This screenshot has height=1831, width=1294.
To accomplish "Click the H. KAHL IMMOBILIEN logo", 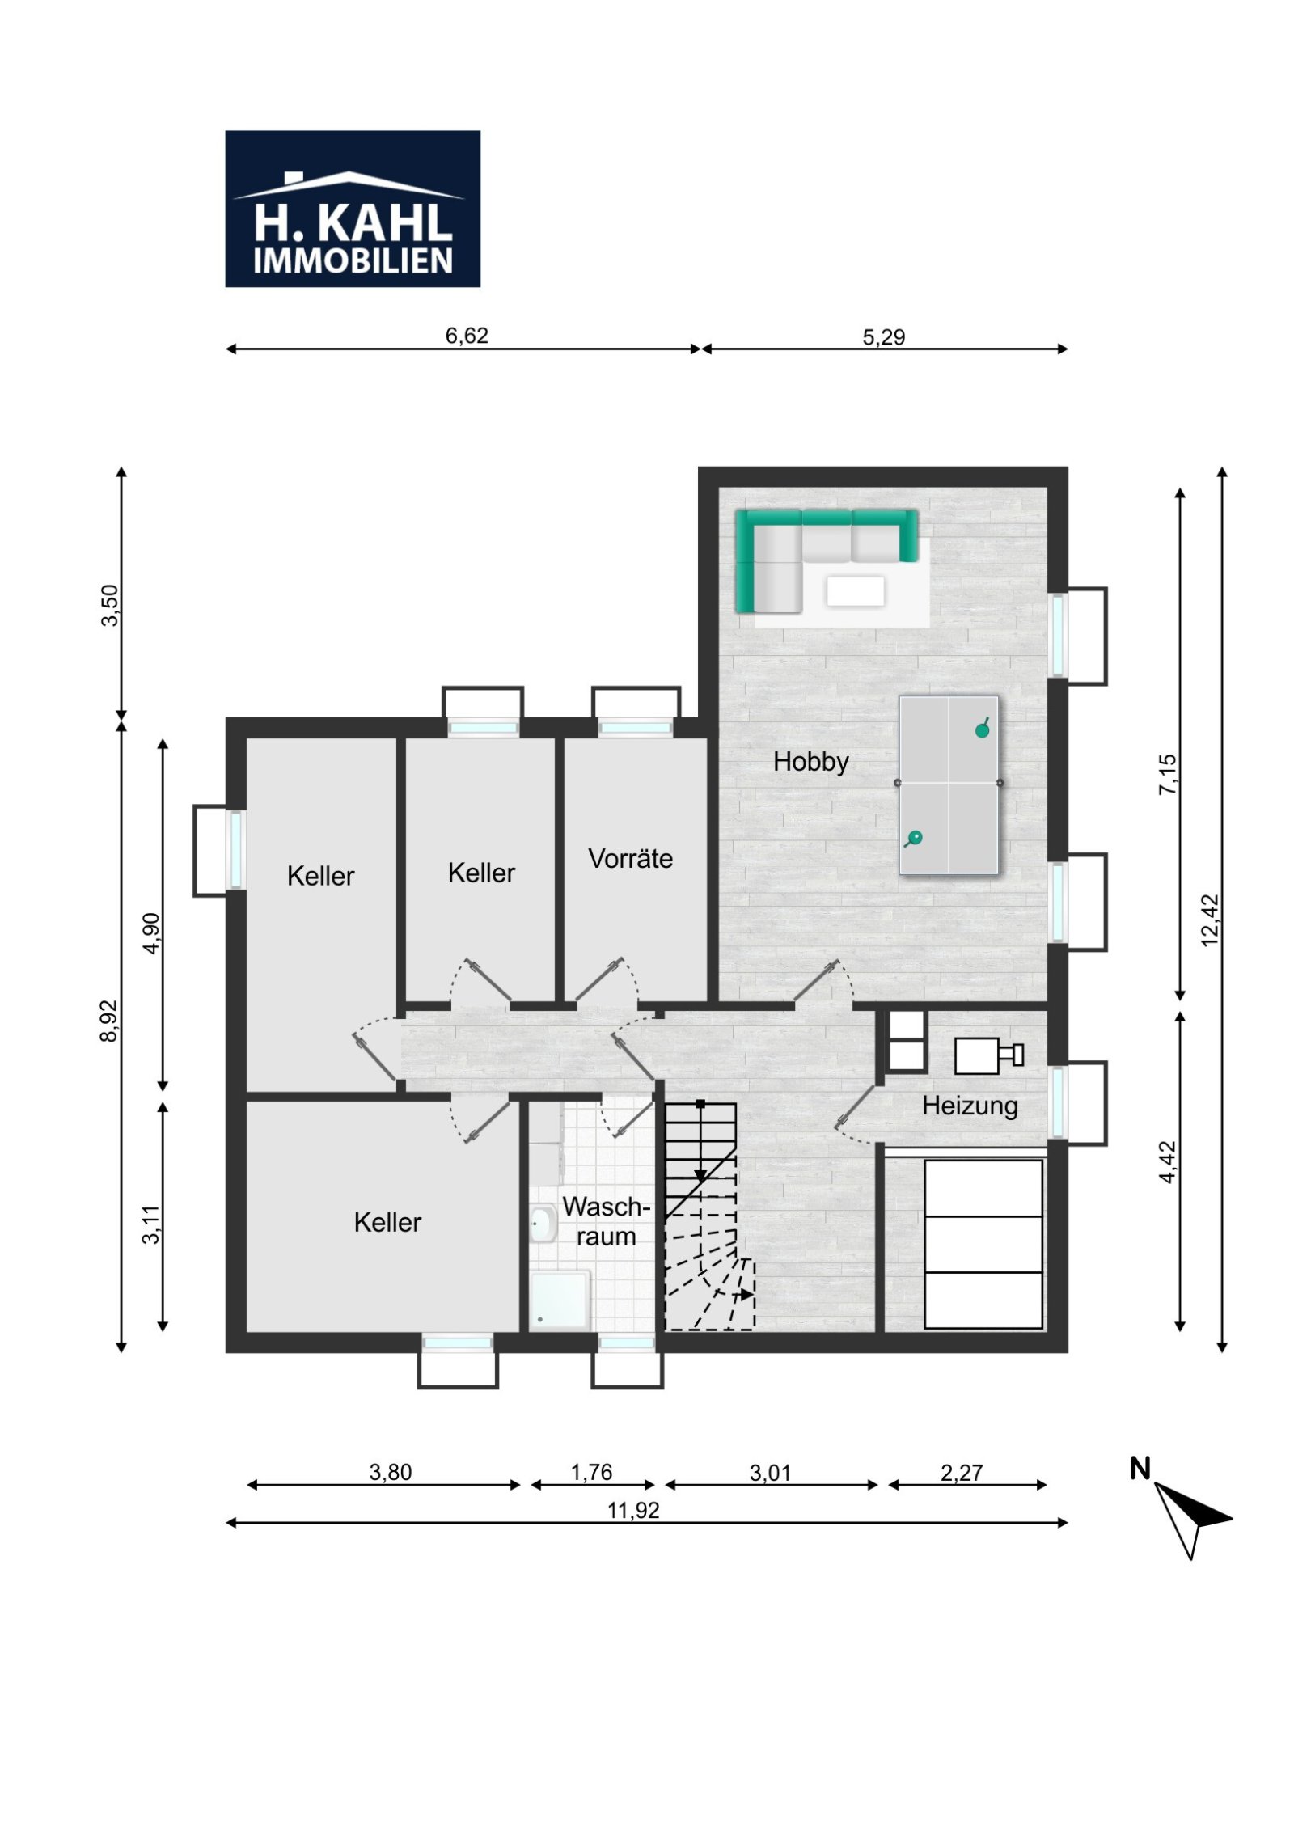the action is pos(353,209).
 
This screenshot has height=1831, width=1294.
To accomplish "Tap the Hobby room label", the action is pos(810,762).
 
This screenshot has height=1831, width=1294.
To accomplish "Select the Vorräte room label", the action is pos(630,858).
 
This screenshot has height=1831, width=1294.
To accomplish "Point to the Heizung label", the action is pos(970,1106).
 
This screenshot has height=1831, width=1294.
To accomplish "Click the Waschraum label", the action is pos(606,1221).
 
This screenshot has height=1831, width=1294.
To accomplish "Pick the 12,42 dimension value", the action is pos(1210,920).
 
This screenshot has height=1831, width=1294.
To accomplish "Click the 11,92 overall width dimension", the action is pos(633,1510).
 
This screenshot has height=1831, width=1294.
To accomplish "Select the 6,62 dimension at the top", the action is pos(467,336).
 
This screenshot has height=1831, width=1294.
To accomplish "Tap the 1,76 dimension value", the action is pos(591,1472).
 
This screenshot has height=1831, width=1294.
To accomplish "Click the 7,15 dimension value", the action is pos(1169,775).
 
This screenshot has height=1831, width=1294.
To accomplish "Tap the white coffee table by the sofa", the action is pos(855,590).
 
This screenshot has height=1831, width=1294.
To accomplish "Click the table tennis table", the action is pos(949,784).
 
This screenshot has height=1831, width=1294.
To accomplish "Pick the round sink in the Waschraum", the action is pos(543,1224).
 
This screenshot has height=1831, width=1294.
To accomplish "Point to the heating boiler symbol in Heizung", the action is pos(988,1055).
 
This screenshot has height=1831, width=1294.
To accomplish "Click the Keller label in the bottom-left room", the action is pos(387,1222).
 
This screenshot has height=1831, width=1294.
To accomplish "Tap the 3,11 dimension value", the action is pos(151,1224).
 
